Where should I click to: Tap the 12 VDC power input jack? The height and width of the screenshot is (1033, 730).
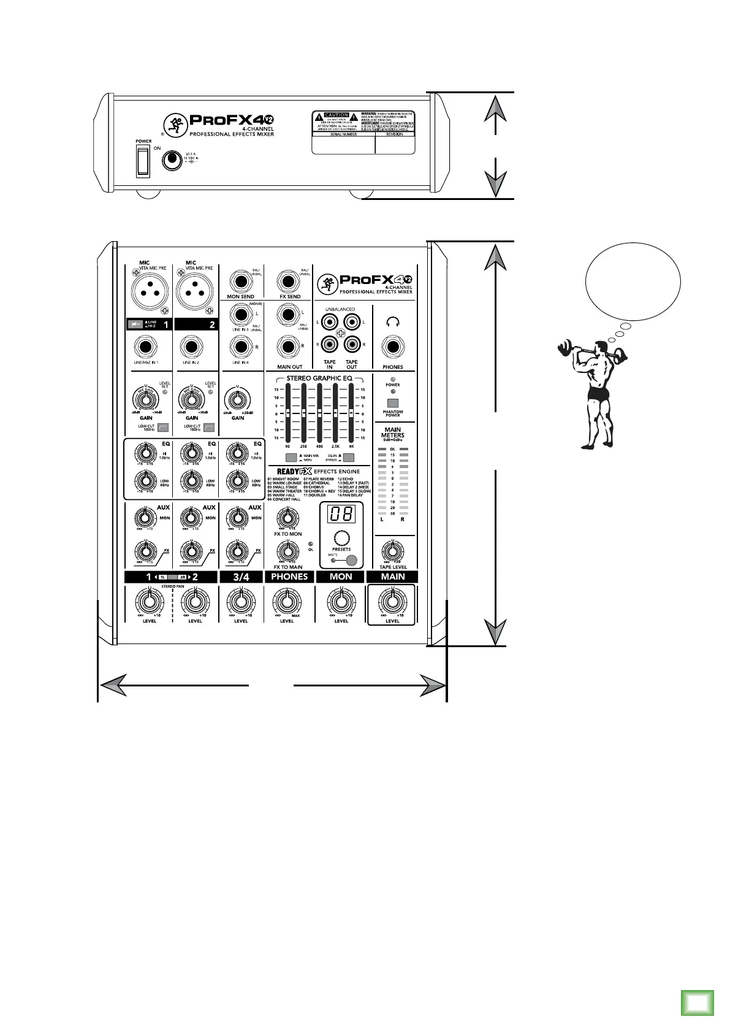click(x=172, y=161)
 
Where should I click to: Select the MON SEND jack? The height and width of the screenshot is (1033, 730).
click(x=241, y=282)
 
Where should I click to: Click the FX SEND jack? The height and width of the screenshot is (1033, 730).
click(x=290, y=282)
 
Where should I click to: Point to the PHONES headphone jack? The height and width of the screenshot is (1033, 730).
click(x=393, y=348)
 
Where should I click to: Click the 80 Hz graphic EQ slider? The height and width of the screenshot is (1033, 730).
click(x=287, y=413)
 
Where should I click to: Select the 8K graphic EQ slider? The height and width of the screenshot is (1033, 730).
click(x=351, y=413)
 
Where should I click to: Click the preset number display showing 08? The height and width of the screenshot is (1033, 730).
click(x=341, y=514)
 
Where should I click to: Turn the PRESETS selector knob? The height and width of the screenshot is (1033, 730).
click(x=341, y=536)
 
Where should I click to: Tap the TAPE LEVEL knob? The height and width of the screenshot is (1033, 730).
click(x=392, y=550)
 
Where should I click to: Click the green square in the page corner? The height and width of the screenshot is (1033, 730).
click(x=697, y=1003)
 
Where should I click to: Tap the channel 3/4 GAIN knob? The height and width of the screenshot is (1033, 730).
click(x=237, y=401)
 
